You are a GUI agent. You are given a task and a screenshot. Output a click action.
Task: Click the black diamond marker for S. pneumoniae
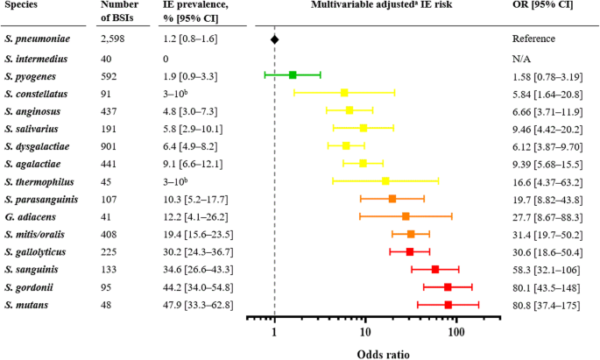(275, 39)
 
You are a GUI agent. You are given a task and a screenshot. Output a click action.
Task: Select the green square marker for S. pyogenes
(293, 75)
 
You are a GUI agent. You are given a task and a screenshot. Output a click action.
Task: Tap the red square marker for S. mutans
(448, 305)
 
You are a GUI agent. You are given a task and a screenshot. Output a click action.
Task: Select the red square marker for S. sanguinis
(435, 269)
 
